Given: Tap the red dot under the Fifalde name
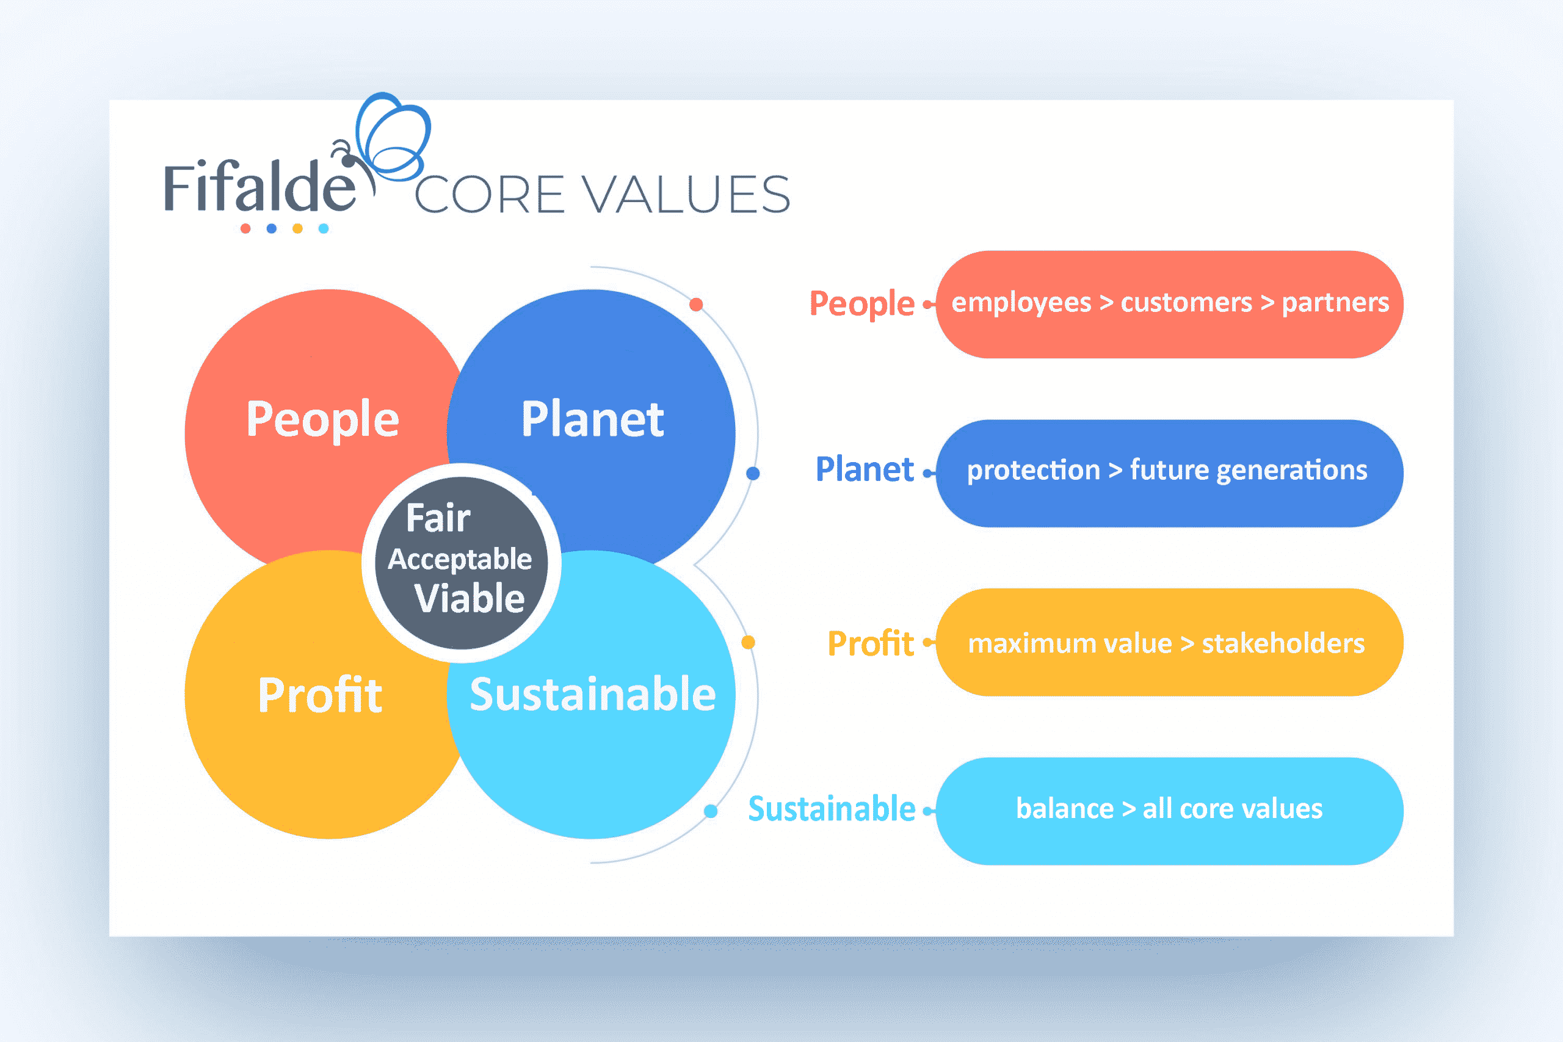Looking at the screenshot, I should click(245, 228).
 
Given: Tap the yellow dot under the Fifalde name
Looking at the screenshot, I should click(298, 228).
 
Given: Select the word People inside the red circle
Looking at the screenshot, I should click(322, 420).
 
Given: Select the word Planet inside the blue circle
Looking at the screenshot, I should click(592, 419).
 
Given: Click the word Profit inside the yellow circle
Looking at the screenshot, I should click(320, 695).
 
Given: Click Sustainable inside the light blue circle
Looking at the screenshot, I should click(592, 695).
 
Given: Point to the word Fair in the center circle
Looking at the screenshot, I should click(438, 518).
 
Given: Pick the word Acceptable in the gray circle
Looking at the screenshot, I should click(460, 560).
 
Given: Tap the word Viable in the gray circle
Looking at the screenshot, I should click(469, 599).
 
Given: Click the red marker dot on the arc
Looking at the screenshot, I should click(696, 305).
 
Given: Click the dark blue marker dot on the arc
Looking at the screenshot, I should click(753, 473).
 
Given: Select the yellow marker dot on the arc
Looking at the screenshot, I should click(747, 642).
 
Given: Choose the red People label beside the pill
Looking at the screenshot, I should click(861, 305).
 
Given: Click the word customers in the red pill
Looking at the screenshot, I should click(1186, 303).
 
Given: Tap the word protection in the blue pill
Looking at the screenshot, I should click(1034, 471).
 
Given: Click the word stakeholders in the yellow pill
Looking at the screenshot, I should click(1283, 643).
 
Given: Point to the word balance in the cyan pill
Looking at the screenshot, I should click(1065, 809).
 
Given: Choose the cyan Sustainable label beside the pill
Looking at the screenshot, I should click(832, 809).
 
